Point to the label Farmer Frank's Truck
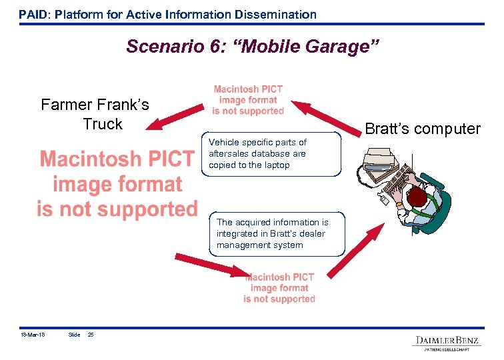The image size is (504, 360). [x=95, y=114]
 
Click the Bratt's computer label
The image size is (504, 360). [x=423, y=129]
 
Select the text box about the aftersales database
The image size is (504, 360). [x=271, y=154]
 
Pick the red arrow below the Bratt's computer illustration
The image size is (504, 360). [x=357, y=249]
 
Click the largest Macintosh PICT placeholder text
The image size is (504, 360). [x=117, y=184]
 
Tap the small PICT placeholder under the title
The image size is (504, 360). [x=248, y=100]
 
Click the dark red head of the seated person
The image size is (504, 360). [x=417, y=197]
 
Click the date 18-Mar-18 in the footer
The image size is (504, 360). [x=32, y=335]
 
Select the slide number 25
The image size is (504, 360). [x=91, y=335]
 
